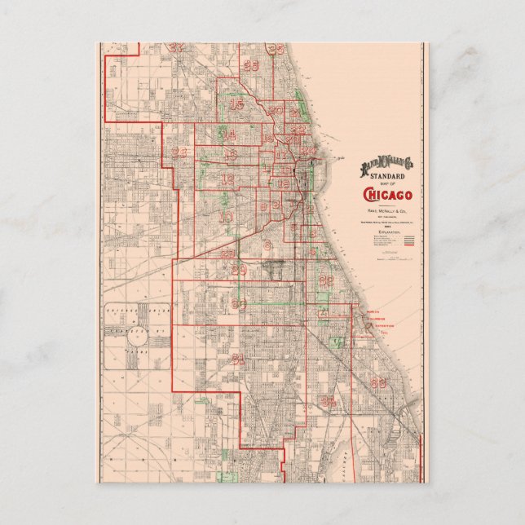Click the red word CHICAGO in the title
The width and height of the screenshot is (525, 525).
tap(387, 194)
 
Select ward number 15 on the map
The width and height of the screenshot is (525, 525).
tap(237, 104)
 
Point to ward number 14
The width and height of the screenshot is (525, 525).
tap(229, 134)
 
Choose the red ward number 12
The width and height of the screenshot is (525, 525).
tap(227, 179)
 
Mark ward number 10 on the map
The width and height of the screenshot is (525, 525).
tap(226, 217)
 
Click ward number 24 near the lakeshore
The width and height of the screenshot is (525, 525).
tap(308, 150)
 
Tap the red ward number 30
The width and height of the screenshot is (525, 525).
tap(239, 303)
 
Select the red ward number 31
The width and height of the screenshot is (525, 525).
tap(238, 358)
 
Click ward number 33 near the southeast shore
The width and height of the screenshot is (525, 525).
tap(377, 382)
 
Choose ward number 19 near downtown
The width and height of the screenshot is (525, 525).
tap(282, 184)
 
